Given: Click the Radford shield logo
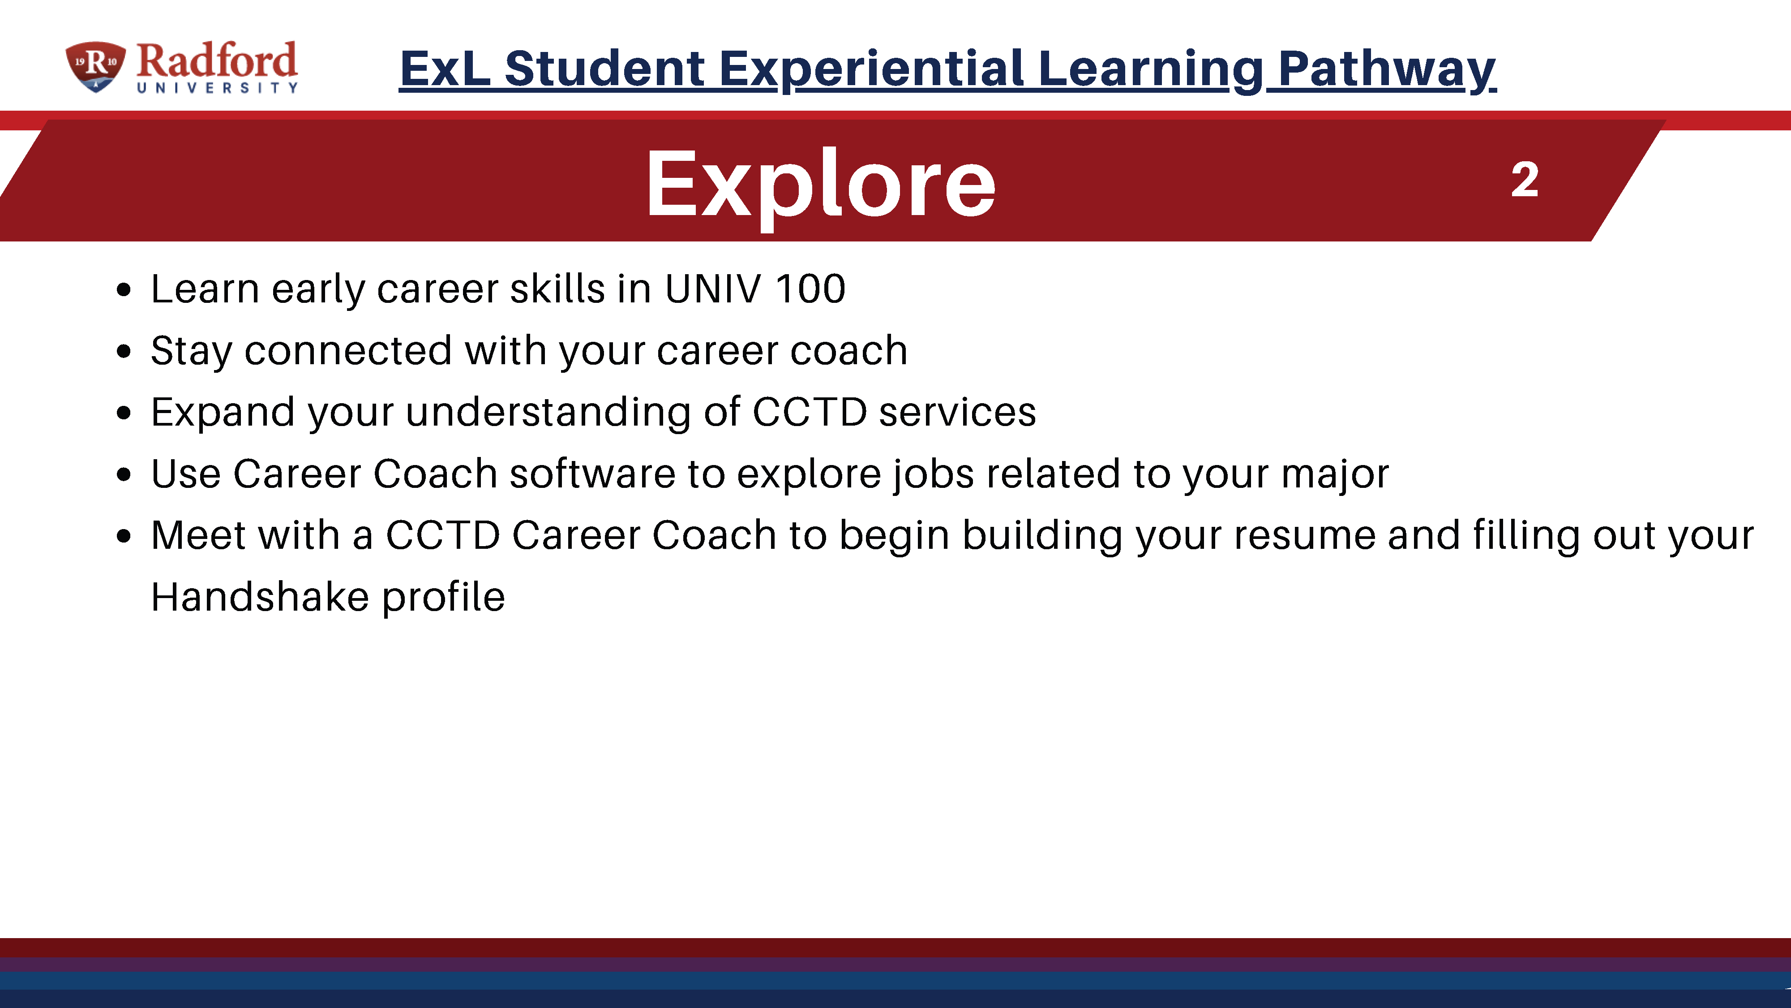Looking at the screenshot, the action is (x=95, y=67).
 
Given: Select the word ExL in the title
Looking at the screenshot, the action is (x=445, y=69).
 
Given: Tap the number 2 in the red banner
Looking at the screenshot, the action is (x=1525, y=180).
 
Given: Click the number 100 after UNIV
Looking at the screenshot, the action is (x=811, y=289).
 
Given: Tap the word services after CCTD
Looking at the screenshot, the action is (x=957, y=412).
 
